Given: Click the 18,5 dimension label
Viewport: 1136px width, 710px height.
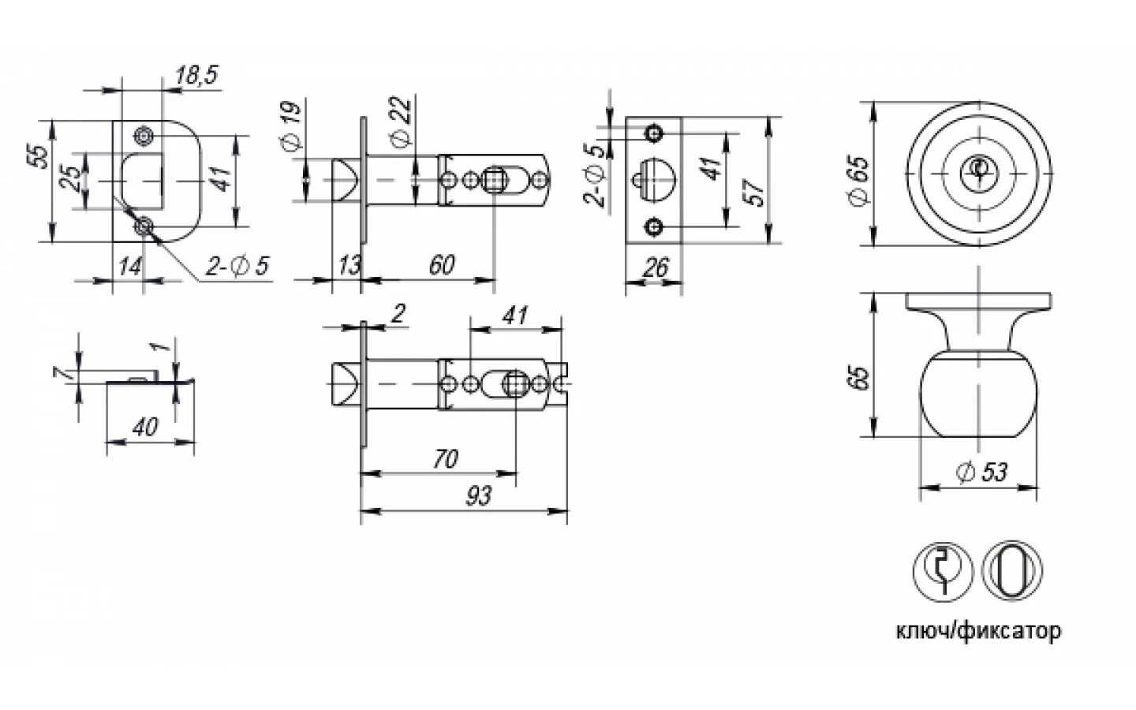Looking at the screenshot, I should (196, 75).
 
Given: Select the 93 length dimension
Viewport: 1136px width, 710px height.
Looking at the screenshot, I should (478, 496).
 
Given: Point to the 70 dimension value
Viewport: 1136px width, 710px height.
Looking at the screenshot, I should (446, 458).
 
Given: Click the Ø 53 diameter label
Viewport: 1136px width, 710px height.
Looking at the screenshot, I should (981, 473).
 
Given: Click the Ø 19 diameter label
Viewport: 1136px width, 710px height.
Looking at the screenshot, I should (291, 125).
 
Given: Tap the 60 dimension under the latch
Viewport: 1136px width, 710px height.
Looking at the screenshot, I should (442, 265).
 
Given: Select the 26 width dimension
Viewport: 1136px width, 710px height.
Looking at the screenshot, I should (656, 268).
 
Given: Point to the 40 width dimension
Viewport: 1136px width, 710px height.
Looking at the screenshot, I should (144, 428).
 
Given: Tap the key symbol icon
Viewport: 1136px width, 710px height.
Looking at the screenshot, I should (943, 568).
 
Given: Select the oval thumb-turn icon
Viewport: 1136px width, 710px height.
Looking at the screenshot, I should (1013, 568).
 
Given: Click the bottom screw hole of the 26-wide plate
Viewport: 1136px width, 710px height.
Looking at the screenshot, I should (652, 228).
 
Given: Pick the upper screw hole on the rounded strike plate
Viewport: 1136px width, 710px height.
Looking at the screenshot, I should (144, 136).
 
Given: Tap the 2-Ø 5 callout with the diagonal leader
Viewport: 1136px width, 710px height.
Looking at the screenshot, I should (237, 267).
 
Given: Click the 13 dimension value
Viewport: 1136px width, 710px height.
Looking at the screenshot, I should (348, 265).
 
